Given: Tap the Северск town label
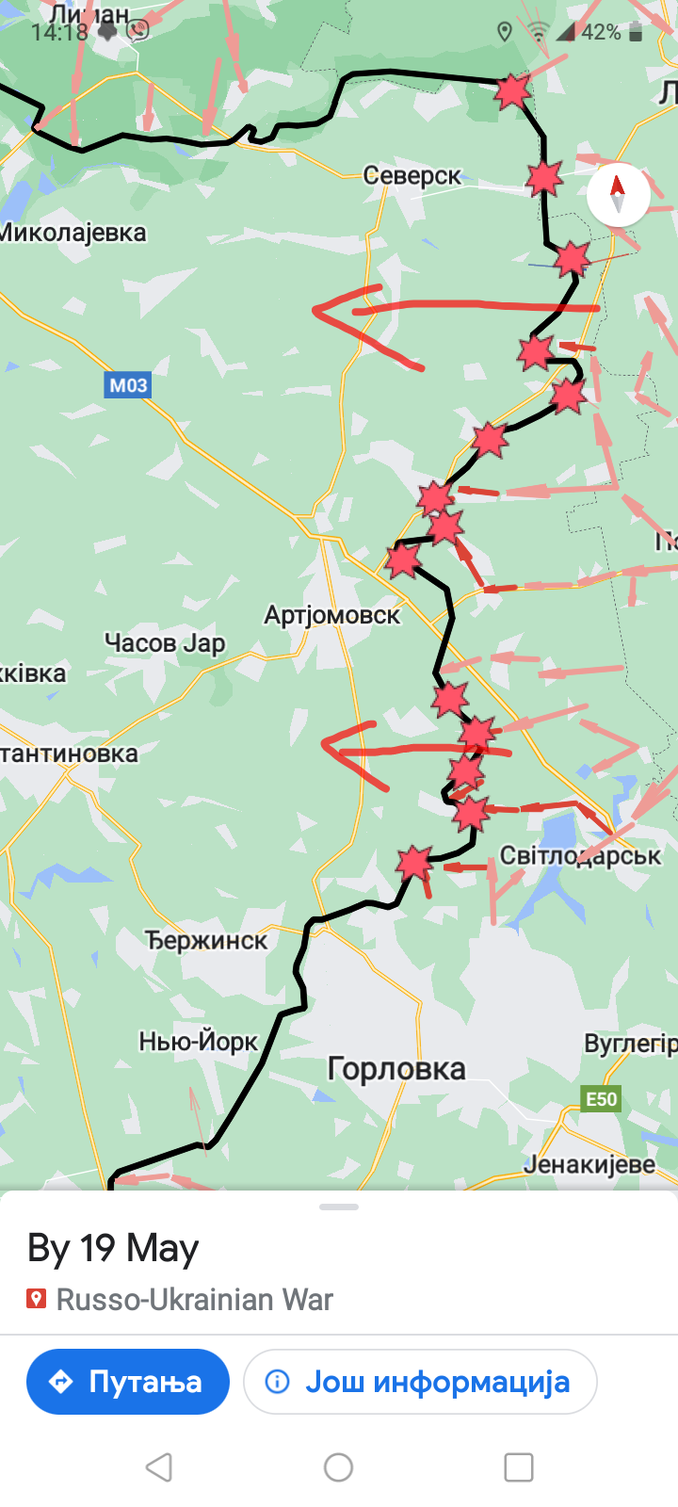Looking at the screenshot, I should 412,175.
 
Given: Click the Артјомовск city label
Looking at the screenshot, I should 331,615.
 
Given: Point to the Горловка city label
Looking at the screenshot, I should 396,1069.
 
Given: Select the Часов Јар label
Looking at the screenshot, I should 165,643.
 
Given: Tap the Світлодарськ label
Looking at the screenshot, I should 580,855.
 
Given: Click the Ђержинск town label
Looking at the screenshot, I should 206,940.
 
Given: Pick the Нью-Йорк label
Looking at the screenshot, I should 199,1041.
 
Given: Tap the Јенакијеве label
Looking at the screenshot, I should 589,1164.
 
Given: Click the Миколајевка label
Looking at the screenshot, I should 73,233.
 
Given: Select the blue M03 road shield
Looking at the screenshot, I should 128,384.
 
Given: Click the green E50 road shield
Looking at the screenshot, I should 602,1099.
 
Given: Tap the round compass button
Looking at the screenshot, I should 618,195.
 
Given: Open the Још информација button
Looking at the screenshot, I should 420,1382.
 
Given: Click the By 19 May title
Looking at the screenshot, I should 113,1248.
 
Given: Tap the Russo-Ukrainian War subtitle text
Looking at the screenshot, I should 194,1300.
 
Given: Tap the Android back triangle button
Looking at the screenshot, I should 159,1466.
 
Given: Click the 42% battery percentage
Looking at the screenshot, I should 600,32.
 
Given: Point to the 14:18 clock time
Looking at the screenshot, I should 58,32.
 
